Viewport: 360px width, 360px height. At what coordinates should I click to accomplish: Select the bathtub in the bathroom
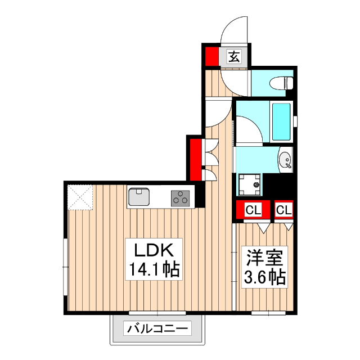(x=281, y=122)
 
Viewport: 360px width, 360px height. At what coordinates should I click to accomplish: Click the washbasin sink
(x=285, y=160)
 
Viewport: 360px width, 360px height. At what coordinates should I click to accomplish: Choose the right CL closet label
(x=285, y=210)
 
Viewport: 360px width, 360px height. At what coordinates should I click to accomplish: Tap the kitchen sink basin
(x=138, y=197)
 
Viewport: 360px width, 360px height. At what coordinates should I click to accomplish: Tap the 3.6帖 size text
(x=264, y=277)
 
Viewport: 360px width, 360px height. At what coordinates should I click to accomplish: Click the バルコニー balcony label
(x=158, y=328)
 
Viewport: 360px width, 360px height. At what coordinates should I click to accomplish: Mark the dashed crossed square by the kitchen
(x=80, y=197)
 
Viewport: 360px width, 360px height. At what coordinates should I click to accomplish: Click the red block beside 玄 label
(x=211, y=56)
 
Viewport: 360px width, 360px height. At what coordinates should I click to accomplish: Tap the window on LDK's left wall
(x=66, y=262)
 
